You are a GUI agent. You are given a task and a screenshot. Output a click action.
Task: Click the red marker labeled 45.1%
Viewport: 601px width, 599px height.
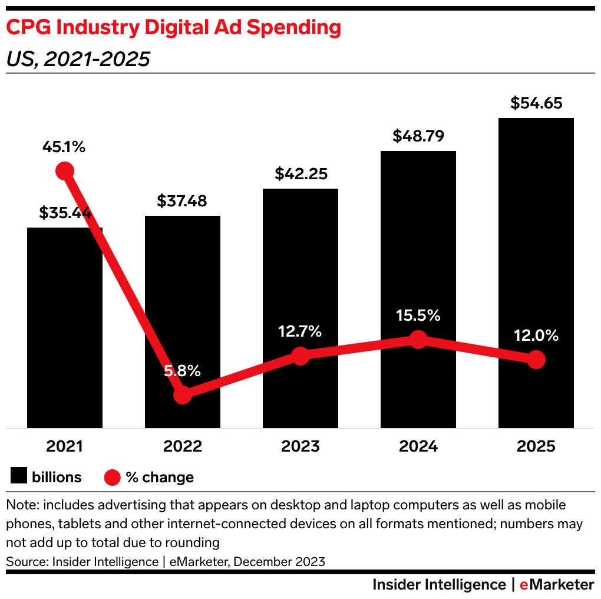(65, 171)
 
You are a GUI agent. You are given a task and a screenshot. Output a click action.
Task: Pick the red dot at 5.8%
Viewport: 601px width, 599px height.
(183, 394)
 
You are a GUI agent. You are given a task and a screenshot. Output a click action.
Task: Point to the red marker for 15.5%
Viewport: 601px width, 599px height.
(418, 339)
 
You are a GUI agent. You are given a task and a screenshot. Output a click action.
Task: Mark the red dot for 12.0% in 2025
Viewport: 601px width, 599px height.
(536, 359)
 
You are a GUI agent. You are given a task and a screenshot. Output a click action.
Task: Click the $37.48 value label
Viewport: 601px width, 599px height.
(182, 201)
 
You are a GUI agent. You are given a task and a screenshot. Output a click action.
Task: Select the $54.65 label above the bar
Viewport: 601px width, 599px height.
(536, 104)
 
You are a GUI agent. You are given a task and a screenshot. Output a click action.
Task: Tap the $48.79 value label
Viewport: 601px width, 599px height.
(418, 136)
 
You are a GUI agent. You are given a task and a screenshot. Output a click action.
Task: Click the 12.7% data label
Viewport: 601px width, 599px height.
(300, 331)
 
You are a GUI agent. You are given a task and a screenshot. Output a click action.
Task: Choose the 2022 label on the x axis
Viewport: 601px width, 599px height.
(183, 446)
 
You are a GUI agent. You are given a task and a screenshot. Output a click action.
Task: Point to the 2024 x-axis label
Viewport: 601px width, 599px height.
(418, 446)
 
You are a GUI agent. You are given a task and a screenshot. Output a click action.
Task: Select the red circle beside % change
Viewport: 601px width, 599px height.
(112, 476)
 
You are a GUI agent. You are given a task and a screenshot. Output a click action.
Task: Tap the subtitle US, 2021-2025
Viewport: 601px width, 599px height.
(78, 59)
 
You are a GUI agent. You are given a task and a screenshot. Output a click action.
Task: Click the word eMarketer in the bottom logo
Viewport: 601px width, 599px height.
(557, 584)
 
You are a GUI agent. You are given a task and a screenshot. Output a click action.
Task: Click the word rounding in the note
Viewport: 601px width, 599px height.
(194, 542)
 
